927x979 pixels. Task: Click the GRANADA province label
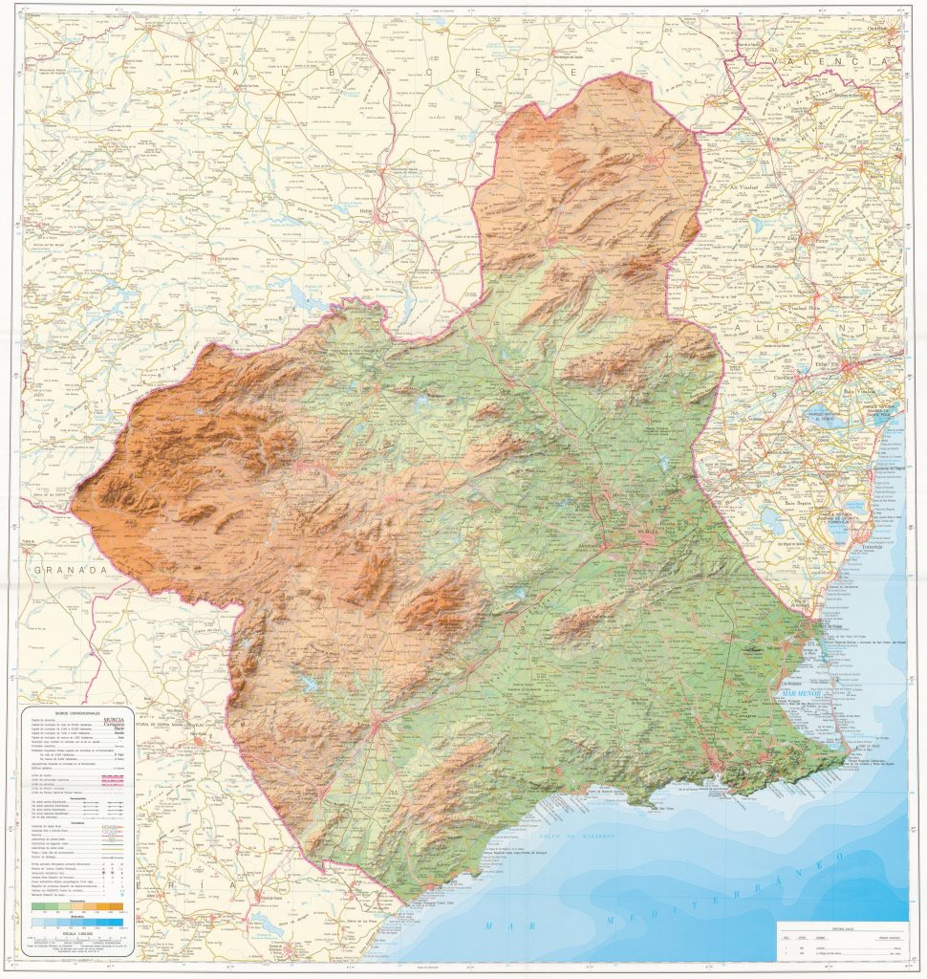(x=69, y=569)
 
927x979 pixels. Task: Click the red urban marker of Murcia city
(x=647, y=537)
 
